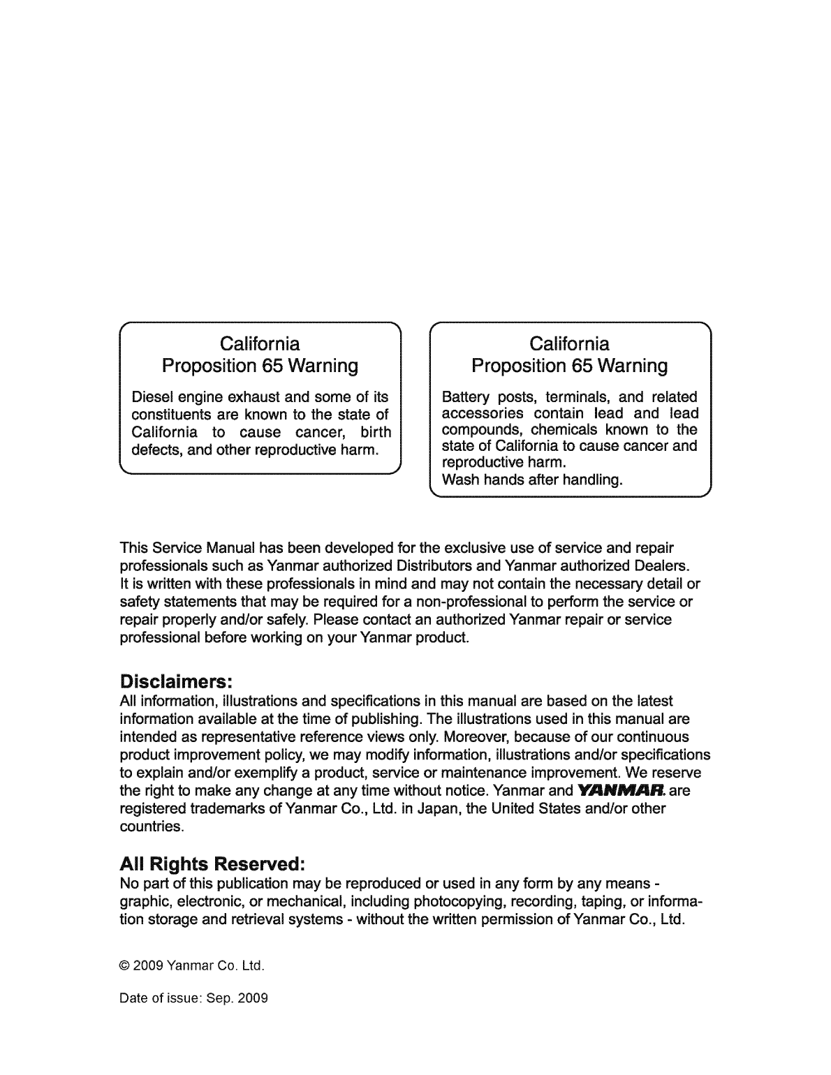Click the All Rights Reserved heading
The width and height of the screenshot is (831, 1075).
pyautogui.click(x=212, y=863)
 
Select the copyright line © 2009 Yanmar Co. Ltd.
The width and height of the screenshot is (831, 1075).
pyautogui.click(x=192, y=967)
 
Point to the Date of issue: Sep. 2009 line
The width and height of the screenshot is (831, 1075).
pyautogui.click(x=194, y=998)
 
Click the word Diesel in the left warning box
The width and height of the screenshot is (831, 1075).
pyautogui.click(x=152, y=397)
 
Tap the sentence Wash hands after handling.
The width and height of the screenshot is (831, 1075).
pyautogui.click(x=531, y=480)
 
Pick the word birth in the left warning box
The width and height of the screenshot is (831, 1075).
pyautogui.click(x=375, y=431)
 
